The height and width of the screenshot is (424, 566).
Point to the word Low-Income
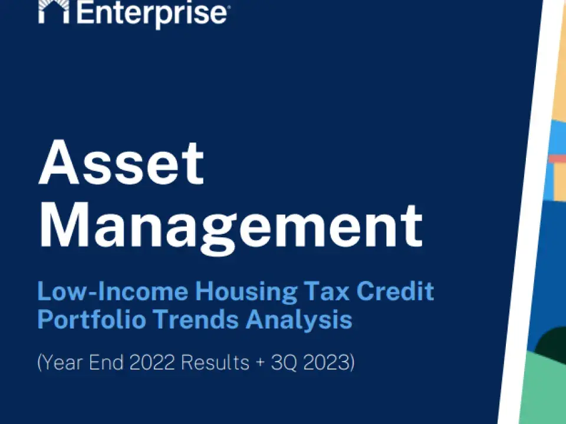point(112,291)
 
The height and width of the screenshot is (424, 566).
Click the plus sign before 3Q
point(261,363)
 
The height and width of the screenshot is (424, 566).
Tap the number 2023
point(327,362)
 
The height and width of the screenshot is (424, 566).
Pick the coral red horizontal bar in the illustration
point(557,159)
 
